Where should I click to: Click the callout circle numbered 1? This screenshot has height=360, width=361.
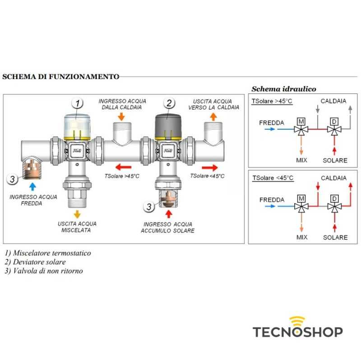[x=77, y=103]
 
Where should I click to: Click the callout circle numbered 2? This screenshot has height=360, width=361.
[x=169, y=103]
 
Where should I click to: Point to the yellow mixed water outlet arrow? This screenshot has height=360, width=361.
[x=77, y=214]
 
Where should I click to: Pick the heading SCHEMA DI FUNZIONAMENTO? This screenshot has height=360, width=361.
[x=61, y=77]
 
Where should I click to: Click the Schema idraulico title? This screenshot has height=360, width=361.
[x=284, y=89]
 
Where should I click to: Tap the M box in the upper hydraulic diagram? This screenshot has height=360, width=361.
[x=301, y=121]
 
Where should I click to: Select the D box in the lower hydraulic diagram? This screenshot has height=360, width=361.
[x=334, y=198]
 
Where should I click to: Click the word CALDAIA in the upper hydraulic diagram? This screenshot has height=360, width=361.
[x=333, y=101]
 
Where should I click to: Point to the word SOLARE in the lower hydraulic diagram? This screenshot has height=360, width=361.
[x=335, y=237]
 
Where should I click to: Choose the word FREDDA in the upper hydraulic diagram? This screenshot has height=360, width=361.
[x=272, y=123]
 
